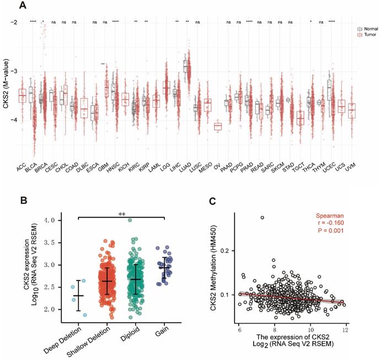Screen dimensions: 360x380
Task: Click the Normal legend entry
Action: (360, 26)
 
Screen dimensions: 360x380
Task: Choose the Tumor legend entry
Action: (359, 33)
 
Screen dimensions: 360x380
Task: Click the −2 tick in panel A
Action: (13, 23)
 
